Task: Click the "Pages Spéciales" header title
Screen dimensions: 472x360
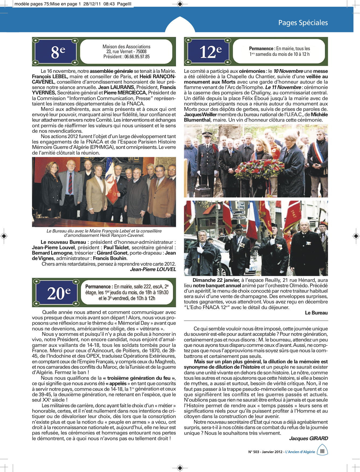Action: click(x=303, y=23)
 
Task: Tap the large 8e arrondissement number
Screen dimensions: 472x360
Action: click(x=58, y=52)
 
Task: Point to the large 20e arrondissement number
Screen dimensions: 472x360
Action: click(x=59, y=293)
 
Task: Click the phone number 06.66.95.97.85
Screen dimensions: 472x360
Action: click(x=137, y=57)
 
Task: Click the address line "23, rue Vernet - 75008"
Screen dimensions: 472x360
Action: click(x=126, y=52)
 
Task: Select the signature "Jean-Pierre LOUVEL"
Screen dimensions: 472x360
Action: click(x=153, y=269)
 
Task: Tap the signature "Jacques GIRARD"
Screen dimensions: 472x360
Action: click(x=308, y=438)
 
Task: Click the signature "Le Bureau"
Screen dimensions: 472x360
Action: click(x=316, y=313)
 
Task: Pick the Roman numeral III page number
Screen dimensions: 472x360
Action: click(x=322, y=451)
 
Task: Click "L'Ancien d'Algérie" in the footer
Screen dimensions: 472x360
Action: click(x=300, y=452)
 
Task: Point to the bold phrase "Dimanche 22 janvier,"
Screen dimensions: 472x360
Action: click(x=216, y=280)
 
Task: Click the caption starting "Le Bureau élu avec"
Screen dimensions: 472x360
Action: click(x=104, y=233)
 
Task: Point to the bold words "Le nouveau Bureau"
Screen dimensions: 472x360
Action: click(x=63, y=242)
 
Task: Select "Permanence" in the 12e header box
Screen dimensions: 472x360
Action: click(x=261, y=49)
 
